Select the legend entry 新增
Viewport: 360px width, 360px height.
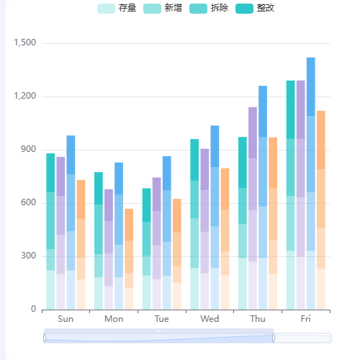163,9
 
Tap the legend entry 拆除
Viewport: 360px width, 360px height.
209,9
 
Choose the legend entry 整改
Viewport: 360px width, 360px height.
255,9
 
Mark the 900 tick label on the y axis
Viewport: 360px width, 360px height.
27,150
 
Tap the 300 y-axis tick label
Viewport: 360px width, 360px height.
27,256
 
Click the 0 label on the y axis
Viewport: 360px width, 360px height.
33,310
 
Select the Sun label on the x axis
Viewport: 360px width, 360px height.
66,319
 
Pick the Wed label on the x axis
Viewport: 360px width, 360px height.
210,319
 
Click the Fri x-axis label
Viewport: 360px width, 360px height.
306,319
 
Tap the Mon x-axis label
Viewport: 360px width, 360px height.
114,319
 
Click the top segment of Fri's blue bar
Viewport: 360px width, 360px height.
311,86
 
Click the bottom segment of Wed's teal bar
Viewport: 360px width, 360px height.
194,289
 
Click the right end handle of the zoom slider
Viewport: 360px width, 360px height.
274,338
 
